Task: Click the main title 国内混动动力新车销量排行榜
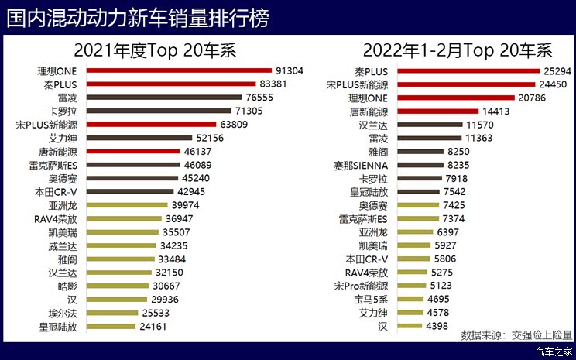(139, 17)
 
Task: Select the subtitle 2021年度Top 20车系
(154, 52)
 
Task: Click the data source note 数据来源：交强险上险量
(516, 335)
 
